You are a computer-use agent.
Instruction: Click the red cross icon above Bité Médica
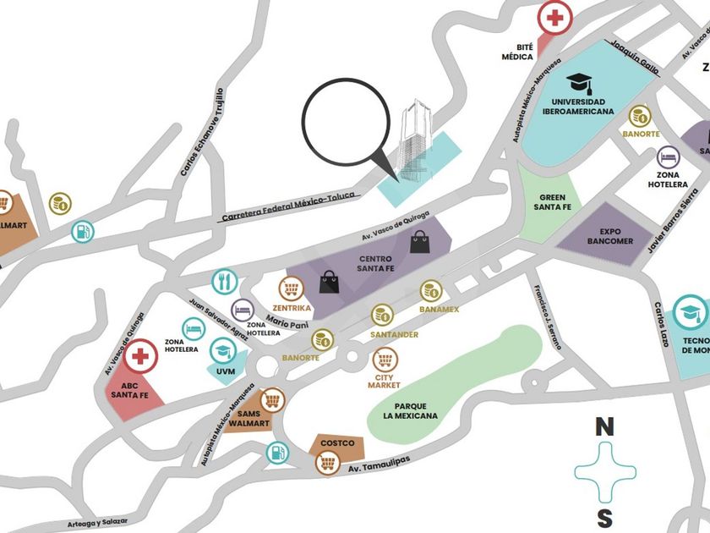tap(555, 18)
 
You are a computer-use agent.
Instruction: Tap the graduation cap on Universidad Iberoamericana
tap(579, 83)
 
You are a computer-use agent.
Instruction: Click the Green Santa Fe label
tap(554, 202)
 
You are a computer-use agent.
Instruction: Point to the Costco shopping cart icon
tap(327, 463)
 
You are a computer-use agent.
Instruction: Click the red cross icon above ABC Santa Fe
tap(141, 357)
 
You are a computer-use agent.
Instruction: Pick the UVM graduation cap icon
tap(221, 350)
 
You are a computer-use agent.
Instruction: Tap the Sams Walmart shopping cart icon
tap(271, 399)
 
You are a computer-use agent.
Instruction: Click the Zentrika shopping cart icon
tap(292, 289)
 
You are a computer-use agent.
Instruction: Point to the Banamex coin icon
tap(431, 292)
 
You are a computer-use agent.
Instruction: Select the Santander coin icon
tap(382, 316)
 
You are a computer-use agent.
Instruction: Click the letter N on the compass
tap(603, 427)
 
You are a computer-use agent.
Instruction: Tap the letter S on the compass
tap(603, 518)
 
